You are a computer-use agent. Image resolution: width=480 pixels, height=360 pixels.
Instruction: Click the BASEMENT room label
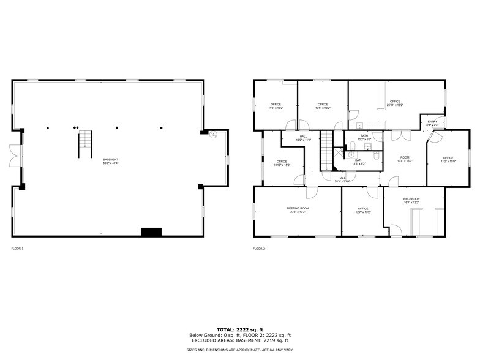[x=111, y=160]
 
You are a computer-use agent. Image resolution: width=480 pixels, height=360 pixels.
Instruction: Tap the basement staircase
[x=84, y=144]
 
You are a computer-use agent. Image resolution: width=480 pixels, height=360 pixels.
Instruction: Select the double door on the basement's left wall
[x=14, y=154]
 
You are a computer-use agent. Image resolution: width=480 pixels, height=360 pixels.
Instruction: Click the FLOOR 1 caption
[x=17, y=249]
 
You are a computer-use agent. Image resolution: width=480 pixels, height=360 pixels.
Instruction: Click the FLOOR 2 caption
[x=259, y=249]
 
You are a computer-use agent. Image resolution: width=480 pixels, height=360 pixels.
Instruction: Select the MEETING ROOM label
[x=298, y=209]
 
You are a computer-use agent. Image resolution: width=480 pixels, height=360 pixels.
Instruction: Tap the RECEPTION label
[x=411, y=200]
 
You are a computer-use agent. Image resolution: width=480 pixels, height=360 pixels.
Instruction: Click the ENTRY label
[x=432, y=122]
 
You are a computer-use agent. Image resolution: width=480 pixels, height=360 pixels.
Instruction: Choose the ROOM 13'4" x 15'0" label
[x=405, y=159]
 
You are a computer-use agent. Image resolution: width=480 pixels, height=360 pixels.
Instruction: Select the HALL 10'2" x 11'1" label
[x=304, y=138]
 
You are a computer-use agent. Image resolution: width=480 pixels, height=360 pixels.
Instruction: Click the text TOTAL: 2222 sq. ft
[x=239, y=330]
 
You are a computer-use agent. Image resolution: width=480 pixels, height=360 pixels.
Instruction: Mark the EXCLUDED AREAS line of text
[x=239, y=340]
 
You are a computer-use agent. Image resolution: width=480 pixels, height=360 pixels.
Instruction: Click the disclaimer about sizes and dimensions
[x=239, y=350]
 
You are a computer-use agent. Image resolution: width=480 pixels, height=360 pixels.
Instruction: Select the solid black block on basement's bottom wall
[x=151, y=232]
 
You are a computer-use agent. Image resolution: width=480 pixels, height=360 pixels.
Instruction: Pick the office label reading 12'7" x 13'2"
[x=364, y=210]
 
